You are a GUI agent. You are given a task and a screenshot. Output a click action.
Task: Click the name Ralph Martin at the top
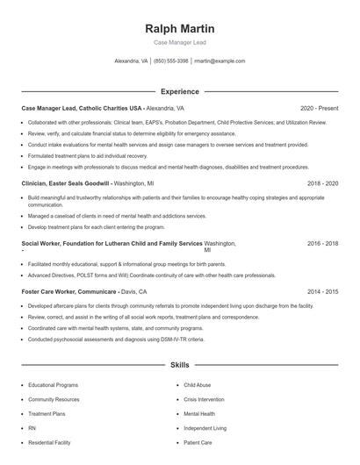coord(179,29)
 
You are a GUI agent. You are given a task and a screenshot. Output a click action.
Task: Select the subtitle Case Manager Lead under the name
coord(179,42)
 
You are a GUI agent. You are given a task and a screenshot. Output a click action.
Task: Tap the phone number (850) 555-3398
coord(170,61)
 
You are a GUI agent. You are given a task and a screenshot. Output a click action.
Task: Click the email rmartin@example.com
coord(220,61)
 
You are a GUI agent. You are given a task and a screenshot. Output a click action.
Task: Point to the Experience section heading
coord(179,91)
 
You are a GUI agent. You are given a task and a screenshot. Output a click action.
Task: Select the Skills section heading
coord(179,363)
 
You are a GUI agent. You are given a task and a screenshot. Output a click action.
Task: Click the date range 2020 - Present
coord(319,108)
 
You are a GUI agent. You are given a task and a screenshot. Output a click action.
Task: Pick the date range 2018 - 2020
coord(322,184)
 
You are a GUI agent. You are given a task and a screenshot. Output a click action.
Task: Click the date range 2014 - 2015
coord(322,290)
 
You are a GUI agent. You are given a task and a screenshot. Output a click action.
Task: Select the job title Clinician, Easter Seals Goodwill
coord(66,184)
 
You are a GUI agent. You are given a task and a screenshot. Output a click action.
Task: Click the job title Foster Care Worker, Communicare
coord(70,290)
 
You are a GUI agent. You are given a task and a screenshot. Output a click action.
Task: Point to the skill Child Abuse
coord(197,385)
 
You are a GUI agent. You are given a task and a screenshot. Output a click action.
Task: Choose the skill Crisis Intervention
coord(205,399)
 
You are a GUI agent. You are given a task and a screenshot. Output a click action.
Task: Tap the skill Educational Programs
coord(53,385)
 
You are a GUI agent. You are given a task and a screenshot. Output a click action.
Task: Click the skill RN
coord(32,428)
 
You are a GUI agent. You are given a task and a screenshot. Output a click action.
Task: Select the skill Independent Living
coord(205,428)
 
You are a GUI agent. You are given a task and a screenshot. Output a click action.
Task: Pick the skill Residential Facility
coord(49,442)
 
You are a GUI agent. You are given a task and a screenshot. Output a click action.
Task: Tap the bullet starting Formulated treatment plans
coord(89,154)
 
